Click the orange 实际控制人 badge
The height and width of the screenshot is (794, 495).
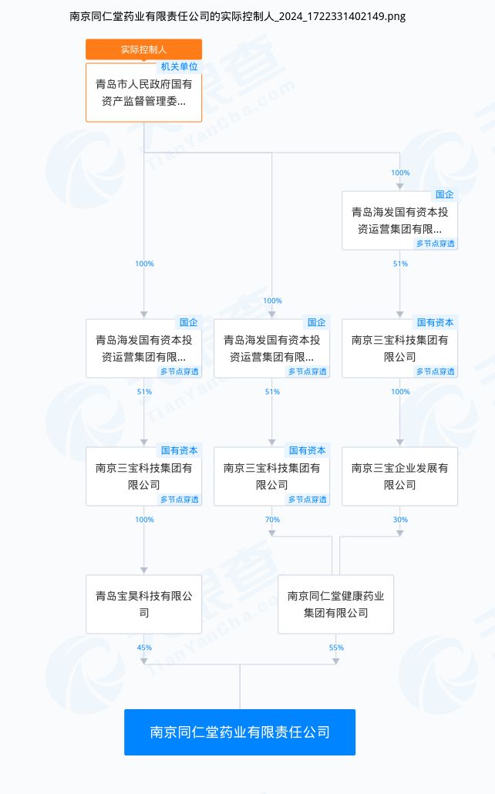coord(144,49)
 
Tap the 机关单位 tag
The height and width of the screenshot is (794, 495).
coord(179,67)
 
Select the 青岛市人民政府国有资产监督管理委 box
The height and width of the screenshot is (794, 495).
coord(144,93)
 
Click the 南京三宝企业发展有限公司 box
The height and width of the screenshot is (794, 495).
coord(399,476)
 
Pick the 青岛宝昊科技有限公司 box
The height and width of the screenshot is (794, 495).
coord(144,604)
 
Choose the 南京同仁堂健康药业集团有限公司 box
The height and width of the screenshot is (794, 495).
coord(335,604)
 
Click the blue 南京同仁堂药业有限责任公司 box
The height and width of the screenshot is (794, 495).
coord(240,732)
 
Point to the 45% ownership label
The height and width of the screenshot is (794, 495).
coord(144,648)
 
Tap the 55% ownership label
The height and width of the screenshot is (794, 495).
coord(336,648)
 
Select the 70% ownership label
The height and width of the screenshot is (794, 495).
coord(272,520)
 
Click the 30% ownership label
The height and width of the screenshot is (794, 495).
coord(400,520)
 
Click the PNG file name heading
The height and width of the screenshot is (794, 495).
coord(237,16)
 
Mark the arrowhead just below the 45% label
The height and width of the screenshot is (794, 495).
coord(144,661)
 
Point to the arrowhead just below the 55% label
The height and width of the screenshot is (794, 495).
coord(336,661)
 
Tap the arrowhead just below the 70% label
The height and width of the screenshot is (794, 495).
coord(272,533)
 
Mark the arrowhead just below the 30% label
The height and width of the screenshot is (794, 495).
coord(400,533)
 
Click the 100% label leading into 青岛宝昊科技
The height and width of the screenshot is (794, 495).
coord(144,520)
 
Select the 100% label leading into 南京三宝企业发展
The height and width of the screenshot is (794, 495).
coord(400,392)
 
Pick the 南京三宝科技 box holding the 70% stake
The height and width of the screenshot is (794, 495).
coord(271,476)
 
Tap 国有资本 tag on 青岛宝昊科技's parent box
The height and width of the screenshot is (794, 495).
coord(179,451)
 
